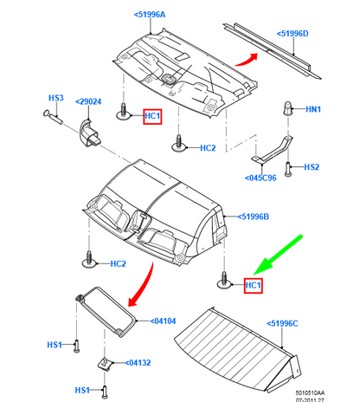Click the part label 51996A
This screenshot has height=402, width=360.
(x=150, y=15)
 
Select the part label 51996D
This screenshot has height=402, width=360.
(x=292, y=34)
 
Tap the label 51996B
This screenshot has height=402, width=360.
(x=253, y=217)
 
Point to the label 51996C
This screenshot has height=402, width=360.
(x=282, y=323)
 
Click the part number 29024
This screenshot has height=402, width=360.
(x=88, y=101)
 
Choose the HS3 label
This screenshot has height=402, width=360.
(x=56, y=98)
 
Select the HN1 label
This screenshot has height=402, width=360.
(x=313, y=109)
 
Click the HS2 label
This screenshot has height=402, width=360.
(x=312, y=167)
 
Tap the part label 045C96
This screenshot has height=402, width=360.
(x=260, y=178)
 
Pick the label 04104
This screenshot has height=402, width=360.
(x=163, y=321)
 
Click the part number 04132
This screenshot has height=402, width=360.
(x=138, y=363)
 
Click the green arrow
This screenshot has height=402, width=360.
(x=278, y=255)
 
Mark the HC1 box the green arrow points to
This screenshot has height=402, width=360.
(x=254, y=285)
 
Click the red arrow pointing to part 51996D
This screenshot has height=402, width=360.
(x=247, y=61)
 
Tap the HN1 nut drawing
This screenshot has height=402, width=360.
(x=287, y=108)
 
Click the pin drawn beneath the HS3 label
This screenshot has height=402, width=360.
(x=53, y=117)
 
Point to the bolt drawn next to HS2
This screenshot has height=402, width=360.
(x=287, y=169)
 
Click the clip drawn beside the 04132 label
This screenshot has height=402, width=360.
(x=105, y=364)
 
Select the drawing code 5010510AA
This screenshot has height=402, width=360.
(x=310, y=393)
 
